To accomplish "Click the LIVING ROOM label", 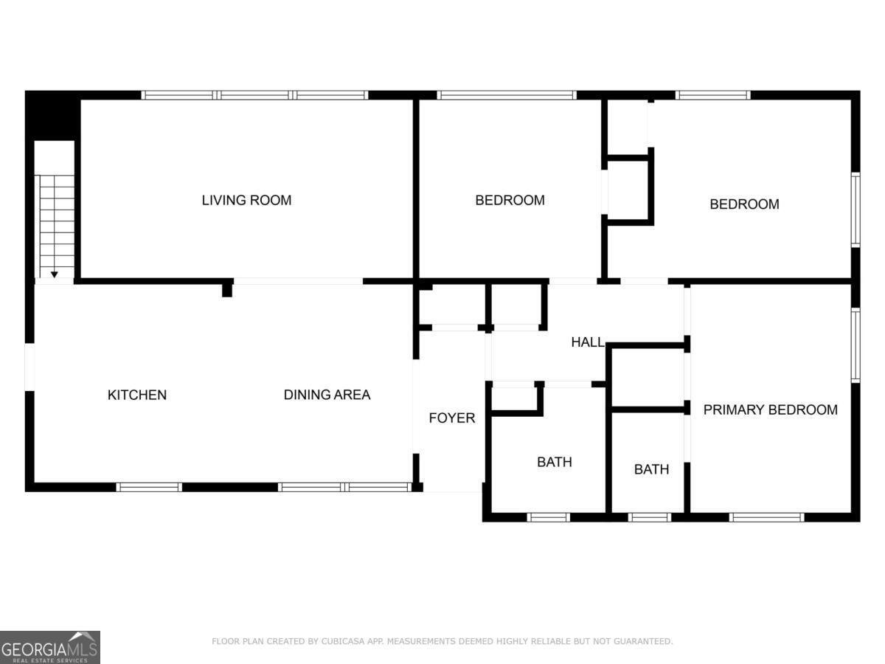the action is (246, 200).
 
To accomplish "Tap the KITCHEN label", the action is (137, 395).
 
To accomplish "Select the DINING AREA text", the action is (327, 394).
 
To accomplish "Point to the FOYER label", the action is (451, 418).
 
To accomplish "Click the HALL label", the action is (588, 342).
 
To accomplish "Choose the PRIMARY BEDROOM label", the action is (770, 409).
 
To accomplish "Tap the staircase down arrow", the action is (55, 274).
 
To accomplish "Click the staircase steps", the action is (57, 226).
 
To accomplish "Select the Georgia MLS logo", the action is (50, 647).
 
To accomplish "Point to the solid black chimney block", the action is (53, 116).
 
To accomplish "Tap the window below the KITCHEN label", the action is (149, 487).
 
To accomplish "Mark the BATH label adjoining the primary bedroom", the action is (651, 469).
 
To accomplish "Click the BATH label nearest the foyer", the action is (555, 462).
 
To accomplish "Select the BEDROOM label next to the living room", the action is (510, 200).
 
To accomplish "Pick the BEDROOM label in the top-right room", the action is (744, 204).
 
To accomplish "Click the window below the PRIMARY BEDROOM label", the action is (766, 517).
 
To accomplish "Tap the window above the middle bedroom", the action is (507, 95).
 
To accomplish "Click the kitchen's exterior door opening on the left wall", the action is (29, 367).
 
